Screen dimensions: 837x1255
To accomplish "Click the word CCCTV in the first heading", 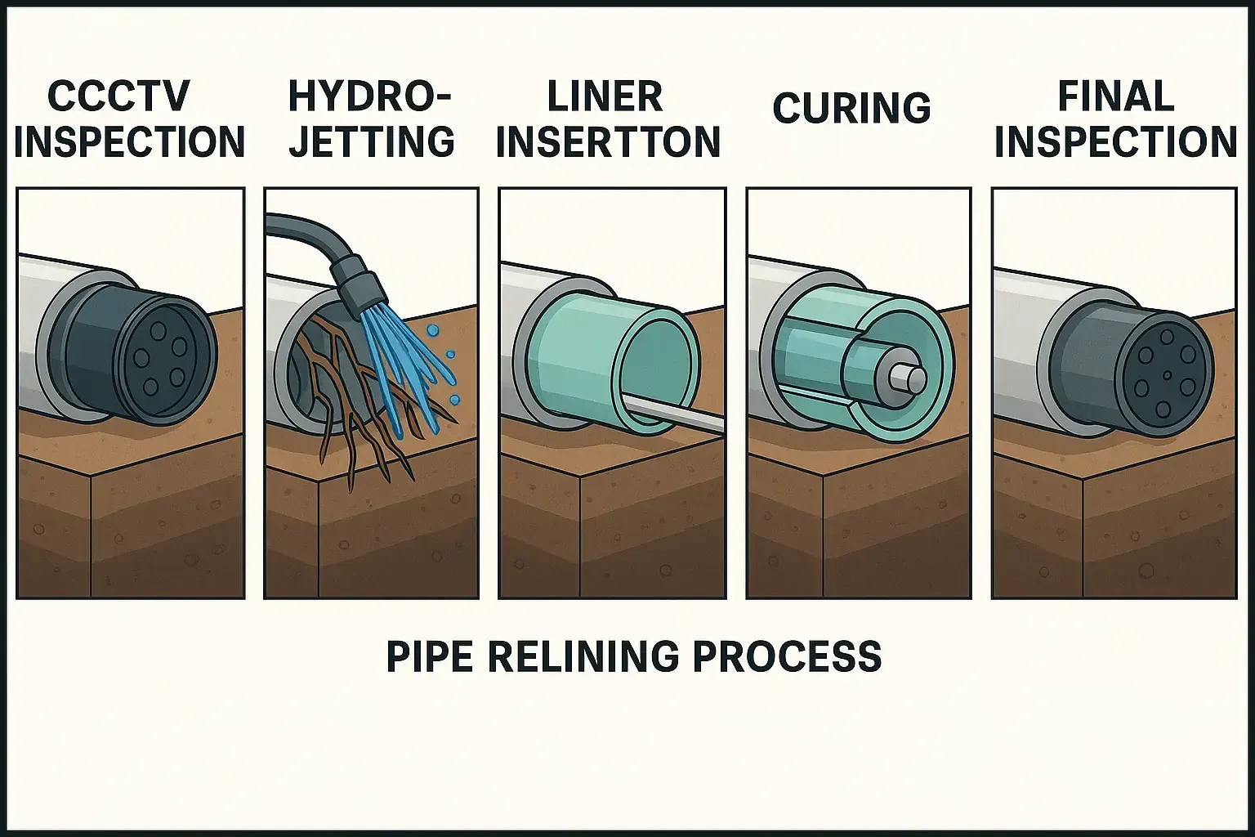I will pos(118,96).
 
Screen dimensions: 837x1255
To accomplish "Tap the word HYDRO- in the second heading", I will pos(369,97).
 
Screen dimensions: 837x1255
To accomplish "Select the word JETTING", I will pos(373,141).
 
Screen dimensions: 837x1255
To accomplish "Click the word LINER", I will pos(605,97).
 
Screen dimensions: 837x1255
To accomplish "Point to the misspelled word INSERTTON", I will pos(609,142).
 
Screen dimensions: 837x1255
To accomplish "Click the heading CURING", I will pos(851,109).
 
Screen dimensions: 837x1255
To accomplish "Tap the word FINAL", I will pos(1116,97).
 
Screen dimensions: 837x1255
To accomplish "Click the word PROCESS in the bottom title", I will pos(788,656).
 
